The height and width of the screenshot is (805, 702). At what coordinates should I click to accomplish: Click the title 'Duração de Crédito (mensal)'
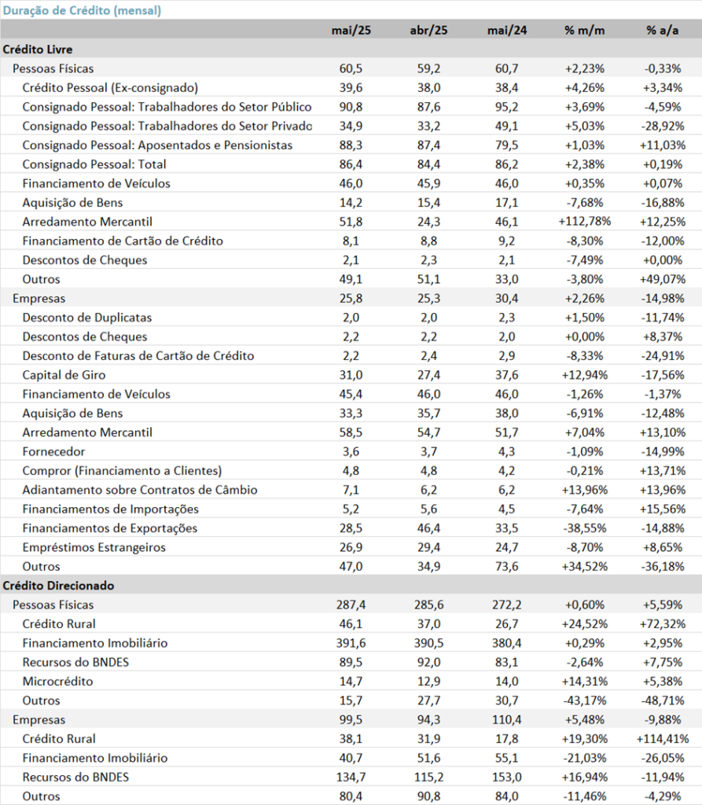click(83, 10)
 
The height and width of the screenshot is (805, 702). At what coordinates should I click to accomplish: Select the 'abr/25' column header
click(428, 31)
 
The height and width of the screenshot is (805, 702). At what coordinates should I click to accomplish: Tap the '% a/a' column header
click(663, 31)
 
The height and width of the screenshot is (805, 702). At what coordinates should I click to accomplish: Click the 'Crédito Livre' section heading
click(38, 50)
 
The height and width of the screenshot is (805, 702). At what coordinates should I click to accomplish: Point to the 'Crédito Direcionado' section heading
click(58, 586)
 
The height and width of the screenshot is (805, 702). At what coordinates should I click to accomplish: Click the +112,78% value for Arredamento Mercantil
click(584, 222)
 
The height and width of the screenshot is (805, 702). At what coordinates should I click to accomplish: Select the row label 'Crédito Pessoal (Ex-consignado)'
click(110, 88)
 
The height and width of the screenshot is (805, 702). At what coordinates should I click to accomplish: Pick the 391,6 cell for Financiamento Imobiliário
click(351, 643)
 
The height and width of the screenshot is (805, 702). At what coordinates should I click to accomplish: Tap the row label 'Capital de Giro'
click(64, 375)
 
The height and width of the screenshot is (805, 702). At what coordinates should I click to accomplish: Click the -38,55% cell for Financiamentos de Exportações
click(584, 528)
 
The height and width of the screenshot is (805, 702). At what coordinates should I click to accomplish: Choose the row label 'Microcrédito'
click(57, 682)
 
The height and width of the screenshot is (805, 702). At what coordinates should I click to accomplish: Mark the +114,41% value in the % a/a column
click(663, 739)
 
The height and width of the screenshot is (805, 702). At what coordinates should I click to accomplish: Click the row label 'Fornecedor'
click(53, 452)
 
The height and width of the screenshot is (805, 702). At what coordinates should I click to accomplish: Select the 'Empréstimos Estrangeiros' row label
click(94, 547)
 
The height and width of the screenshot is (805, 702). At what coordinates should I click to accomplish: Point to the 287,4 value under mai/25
click(351, 605)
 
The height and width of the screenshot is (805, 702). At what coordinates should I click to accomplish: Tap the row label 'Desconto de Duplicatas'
click(86, 318)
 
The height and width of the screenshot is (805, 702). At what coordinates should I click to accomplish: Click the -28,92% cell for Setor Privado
click(663, 127)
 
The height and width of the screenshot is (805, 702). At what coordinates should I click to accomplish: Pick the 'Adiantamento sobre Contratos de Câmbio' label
click(140, 490)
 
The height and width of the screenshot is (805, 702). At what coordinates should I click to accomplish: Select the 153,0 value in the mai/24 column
click(507, 777)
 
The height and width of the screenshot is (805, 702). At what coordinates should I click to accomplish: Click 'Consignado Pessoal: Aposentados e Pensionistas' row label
click(157, 145)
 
